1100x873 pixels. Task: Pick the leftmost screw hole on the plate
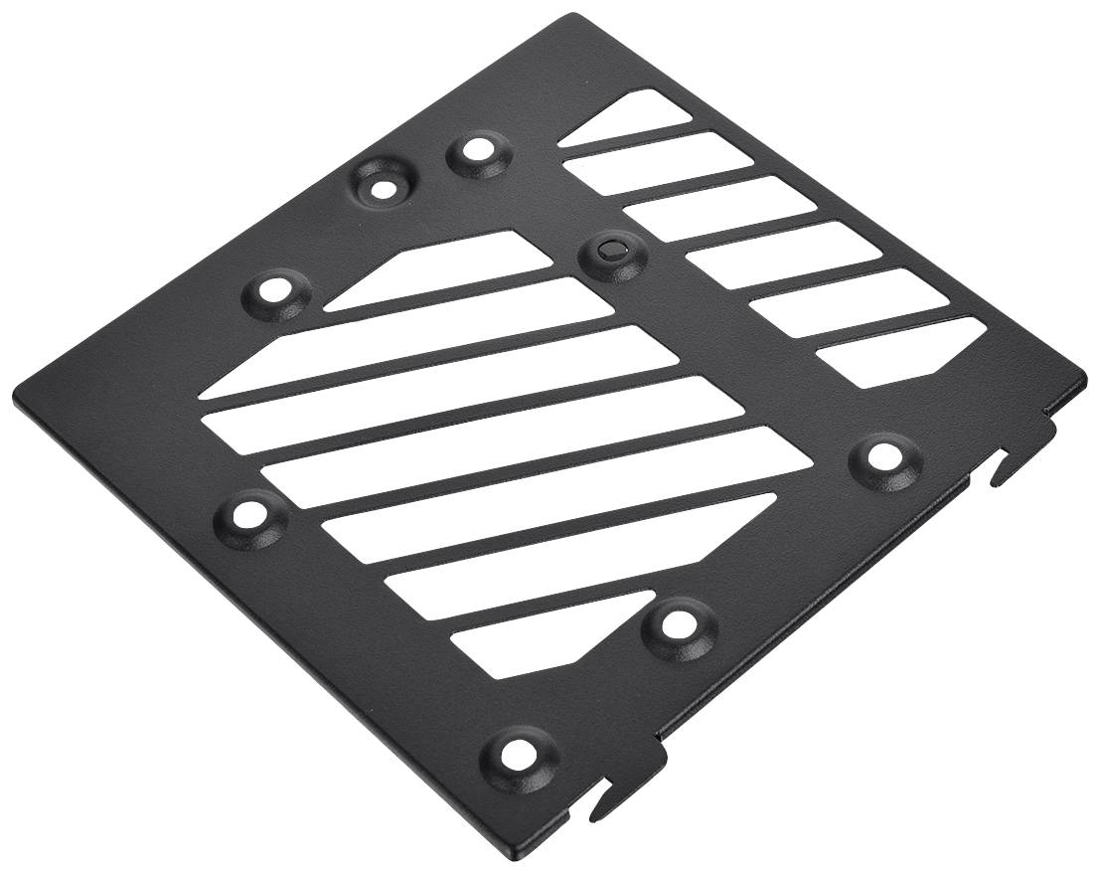[242, 514]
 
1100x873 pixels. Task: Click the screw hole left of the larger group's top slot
[272, 292]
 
